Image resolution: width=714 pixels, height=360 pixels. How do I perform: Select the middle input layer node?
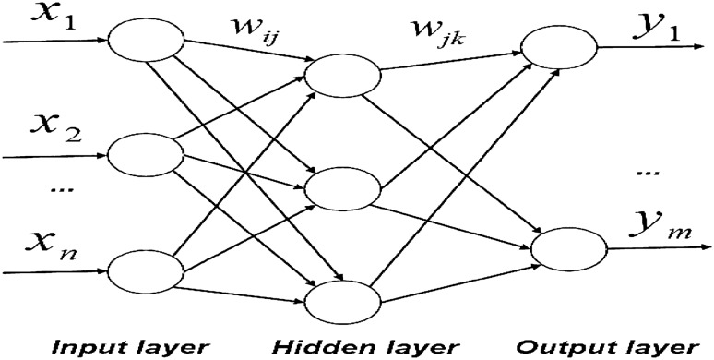136,156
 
